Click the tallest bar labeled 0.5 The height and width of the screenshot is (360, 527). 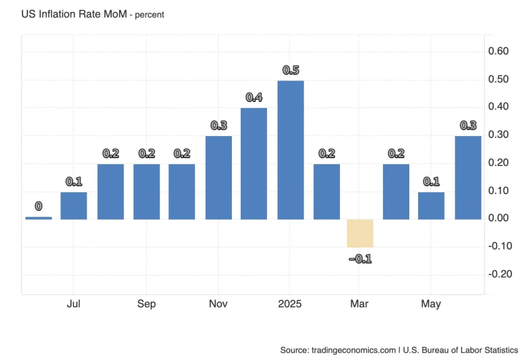pyautogui.click(x=290, y=150)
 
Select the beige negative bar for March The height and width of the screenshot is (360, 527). pyautogui.click(x=360, y=233)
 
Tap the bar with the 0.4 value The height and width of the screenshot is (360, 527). pyautogui.click(x=254, y=164)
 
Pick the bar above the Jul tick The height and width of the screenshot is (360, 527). pyautogui.click(x=73, y=205)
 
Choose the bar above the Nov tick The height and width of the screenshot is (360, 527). pyautogui.click(x=219, y=177)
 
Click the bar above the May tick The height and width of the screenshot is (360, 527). pyautogui.click(x=431, y=205)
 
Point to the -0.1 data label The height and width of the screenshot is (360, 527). pyautogui.click(x=360, y=259)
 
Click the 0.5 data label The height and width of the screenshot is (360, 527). pyautogui.click(x=290, y=70)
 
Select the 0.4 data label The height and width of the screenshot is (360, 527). pyautogui.click(x=254, y=98)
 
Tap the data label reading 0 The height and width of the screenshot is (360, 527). pyautogui.click(x=38, y=207)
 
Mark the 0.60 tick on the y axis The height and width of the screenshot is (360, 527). pyautogui.click(x=499, y=51)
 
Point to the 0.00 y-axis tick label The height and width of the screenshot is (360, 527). pyautogui.click(x=499, y=219)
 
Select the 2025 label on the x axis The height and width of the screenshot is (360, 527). pyautogui.click(x=290, y=304)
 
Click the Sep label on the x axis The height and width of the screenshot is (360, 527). pyautogui.click(x=146, y=304)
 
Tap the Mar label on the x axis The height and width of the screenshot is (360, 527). pyautogui.click(x=359, y=304)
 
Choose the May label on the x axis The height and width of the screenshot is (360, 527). pyautogui.click(x=431, y=304)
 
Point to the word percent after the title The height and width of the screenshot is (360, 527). pyautogui.click(x=148, y=14)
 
